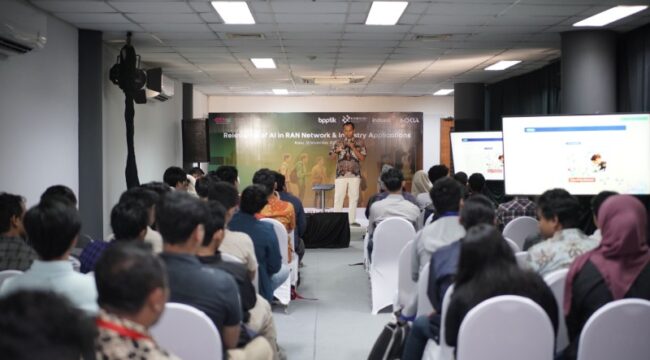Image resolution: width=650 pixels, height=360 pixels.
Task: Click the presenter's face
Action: tap(347, 130)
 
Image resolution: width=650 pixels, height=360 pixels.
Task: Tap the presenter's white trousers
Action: tap(346, 192)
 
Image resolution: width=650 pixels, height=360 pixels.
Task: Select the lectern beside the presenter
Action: tap(322, 194)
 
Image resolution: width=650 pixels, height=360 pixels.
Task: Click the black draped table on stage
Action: tap(327, 229)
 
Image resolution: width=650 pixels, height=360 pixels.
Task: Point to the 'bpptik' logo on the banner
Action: tap(327, 119)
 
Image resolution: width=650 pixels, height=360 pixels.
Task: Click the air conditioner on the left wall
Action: tap(22, 31)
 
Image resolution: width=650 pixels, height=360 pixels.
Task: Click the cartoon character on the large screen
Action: tap(598, 161)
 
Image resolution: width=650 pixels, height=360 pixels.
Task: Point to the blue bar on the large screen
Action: tap(575, 124)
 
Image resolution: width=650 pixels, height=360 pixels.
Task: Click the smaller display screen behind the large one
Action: tap(476, 154)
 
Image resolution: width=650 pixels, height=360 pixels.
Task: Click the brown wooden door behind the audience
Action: tap(446, 145)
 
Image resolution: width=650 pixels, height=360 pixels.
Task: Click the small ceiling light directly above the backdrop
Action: tap(280, 91)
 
